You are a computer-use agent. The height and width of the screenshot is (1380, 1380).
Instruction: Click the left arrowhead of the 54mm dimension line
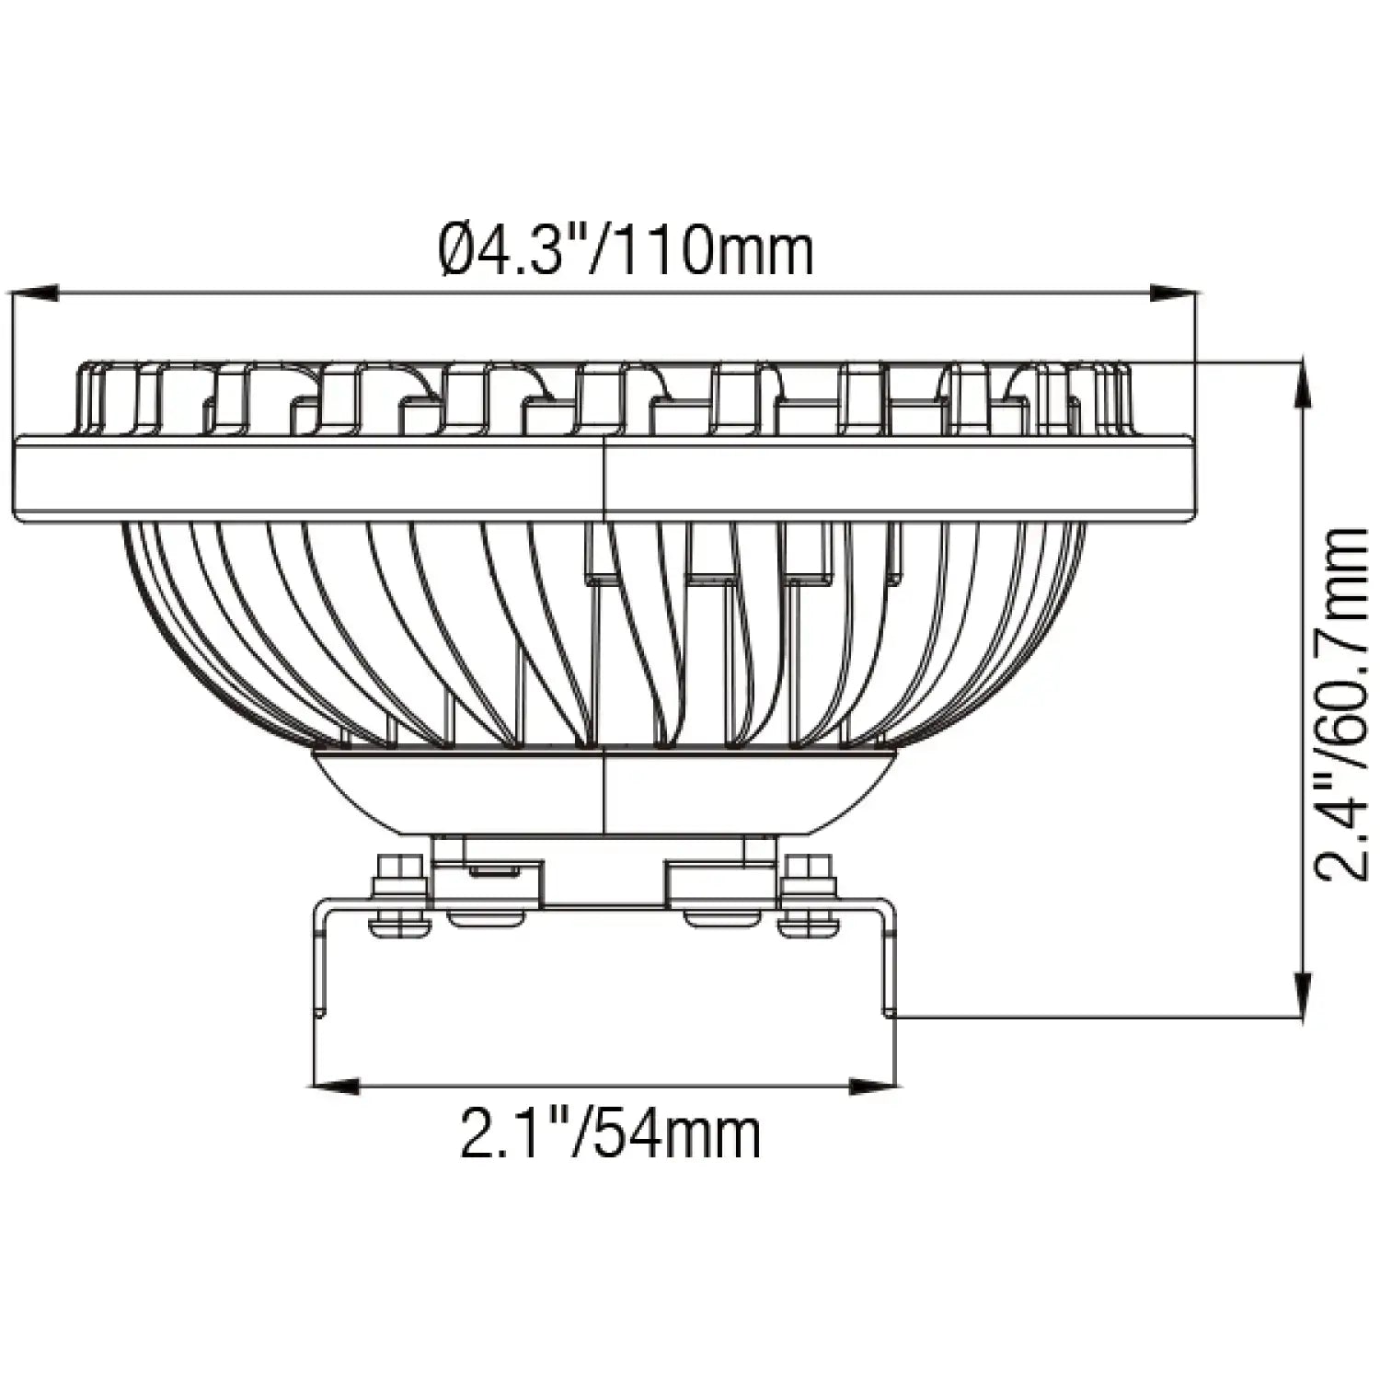pyautogui.click(x=336, y=1087)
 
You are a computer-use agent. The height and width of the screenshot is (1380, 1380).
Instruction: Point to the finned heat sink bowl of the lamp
pyautogui.click(x=368, y=626)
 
